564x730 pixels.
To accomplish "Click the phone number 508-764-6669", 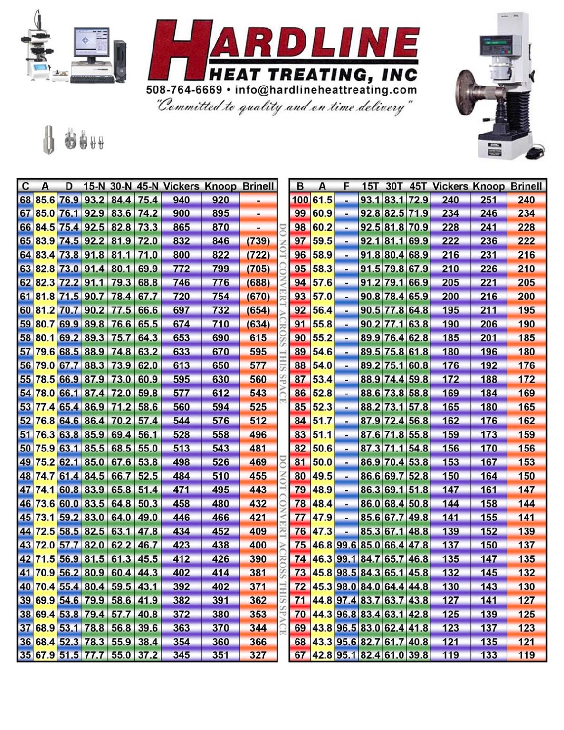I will pos(184,90).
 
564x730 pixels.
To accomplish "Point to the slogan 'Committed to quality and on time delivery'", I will pos(284,107).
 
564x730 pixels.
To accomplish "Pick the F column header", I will pos(346,186).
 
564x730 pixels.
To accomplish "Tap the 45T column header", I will pos(418,186).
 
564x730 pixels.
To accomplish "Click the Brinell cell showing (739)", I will pos(258,241).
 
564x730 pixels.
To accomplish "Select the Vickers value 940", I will pos(181,200).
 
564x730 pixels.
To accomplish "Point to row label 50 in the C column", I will pos(25,448).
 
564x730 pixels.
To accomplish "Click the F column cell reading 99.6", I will pos(346,545).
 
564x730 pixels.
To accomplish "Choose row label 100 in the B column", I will pos(300,200).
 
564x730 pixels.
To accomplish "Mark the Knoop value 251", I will pos(488,200).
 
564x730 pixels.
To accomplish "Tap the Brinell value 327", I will pos(258,655).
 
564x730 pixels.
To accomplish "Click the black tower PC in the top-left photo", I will pos(119,59).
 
